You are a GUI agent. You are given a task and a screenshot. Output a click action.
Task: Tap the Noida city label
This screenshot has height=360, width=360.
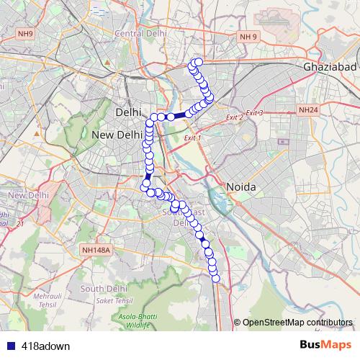click(x=241, y=186)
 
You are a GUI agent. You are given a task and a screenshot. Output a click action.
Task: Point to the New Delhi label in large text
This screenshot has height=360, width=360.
click(x=117, y=135)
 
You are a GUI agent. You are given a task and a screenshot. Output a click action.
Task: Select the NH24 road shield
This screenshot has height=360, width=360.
click(x=307, y=110)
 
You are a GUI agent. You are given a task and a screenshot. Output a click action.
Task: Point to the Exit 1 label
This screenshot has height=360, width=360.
click(x=193, y=138)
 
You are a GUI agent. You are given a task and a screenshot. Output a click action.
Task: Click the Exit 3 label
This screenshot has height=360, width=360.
click(x=255, y=113)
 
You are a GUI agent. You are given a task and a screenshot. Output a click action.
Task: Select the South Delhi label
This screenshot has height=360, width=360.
click(x=104, y=289)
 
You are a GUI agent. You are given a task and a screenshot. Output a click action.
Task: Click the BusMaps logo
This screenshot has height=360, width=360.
click(x=325, y=345)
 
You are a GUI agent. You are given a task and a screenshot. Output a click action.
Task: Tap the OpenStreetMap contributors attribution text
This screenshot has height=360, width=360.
click(x=297, y=323)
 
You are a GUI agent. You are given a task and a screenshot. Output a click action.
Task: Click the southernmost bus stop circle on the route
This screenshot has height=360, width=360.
click(x=215, y=279)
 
